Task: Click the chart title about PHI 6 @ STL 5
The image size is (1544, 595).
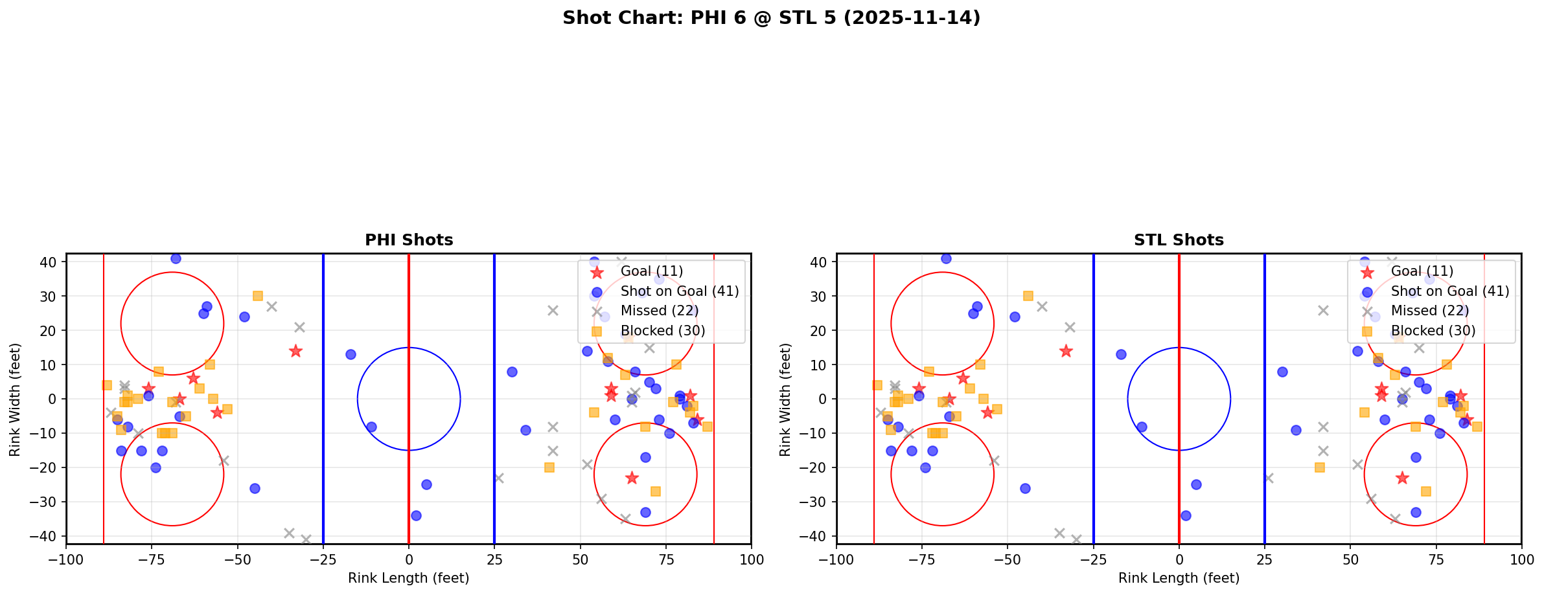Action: click(771, 18)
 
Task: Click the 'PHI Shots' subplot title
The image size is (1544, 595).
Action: click(409, 240)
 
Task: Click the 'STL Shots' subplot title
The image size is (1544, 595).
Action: click(1179, 240)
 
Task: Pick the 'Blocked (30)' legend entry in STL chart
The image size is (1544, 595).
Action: click(1433, 331)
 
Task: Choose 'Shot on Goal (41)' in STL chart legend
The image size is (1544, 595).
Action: click(1449, 291)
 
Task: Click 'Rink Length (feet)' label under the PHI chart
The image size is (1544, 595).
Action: click(409, 578)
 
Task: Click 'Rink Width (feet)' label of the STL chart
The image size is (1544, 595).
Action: click(785, 399)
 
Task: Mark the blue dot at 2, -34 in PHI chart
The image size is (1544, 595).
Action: click(416, 515)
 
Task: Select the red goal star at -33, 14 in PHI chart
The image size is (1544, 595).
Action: click(295, 351)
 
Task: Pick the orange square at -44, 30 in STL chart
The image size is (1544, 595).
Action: click(1028, 296)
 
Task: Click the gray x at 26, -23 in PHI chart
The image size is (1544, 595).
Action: click(498, 478)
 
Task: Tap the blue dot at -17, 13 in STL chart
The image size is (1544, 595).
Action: click(1121, 354)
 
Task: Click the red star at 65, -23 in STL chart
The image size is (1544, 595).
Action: click(1401, 478)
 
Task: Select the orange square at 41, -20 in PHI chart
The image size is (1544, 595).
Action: click(549, 467)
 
